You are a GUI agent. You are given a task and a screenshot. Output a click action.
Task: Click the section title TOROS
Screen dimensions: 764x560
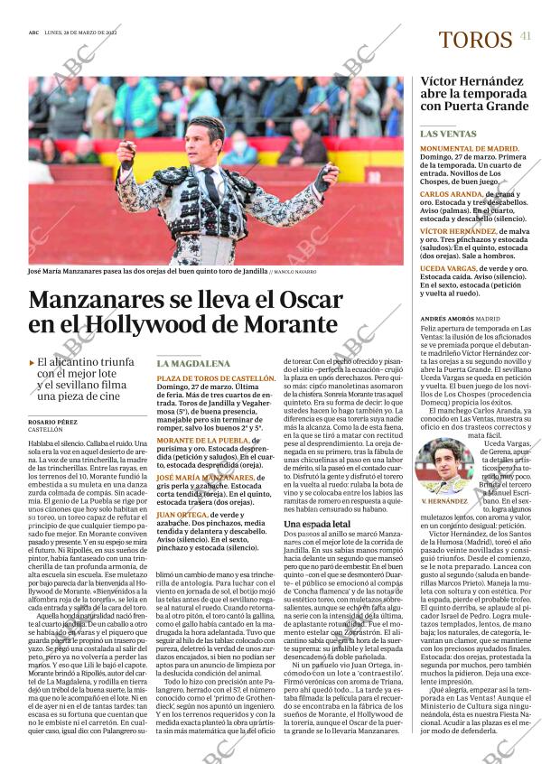[x=474, y=41]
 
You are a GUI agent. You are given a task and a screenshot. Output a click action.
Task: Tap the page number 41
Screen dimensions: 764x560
[x=526, y=36]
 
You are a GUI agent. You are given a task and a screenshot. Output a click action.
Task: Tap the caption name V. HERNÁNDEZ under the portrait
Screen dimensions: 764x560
[x=443, y=501]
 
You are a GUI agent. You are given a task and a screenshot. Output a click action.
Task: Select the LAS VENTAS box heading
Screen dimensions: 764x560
[x=451, y=134]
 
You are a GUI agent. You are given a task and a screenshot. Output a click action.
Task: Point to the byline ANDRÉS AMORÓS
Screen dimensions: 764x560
[x=447, y=319]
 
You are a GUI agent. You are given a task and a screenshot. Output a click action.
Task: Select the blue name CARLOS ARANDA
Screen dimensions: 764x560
[x=451, y=194]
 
